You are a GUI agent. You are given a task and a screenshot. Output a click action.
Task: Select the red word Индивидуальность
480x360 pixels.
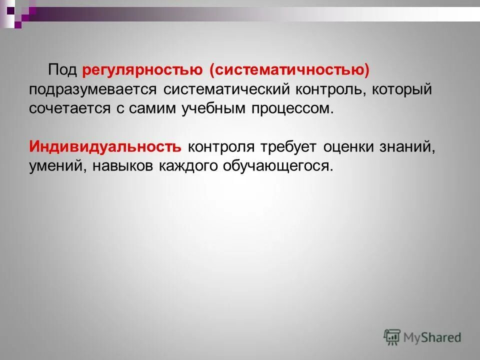click(105, 147)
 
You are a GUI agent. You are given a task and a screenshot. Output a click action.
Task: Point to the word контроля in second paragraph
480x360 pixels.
click(221, 147)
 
